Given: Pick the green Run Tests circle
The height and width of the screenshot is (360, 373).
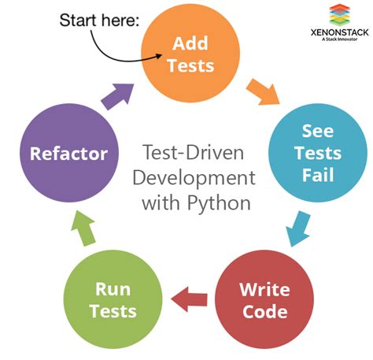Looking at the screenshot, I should [x=113, y=299].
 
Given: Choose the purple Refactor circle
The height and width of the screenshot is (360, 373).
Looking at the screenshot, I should [x=68, y=152].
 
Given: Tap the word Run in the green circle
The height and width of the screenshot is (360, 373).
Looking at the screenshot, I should [x=113, y=289].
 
